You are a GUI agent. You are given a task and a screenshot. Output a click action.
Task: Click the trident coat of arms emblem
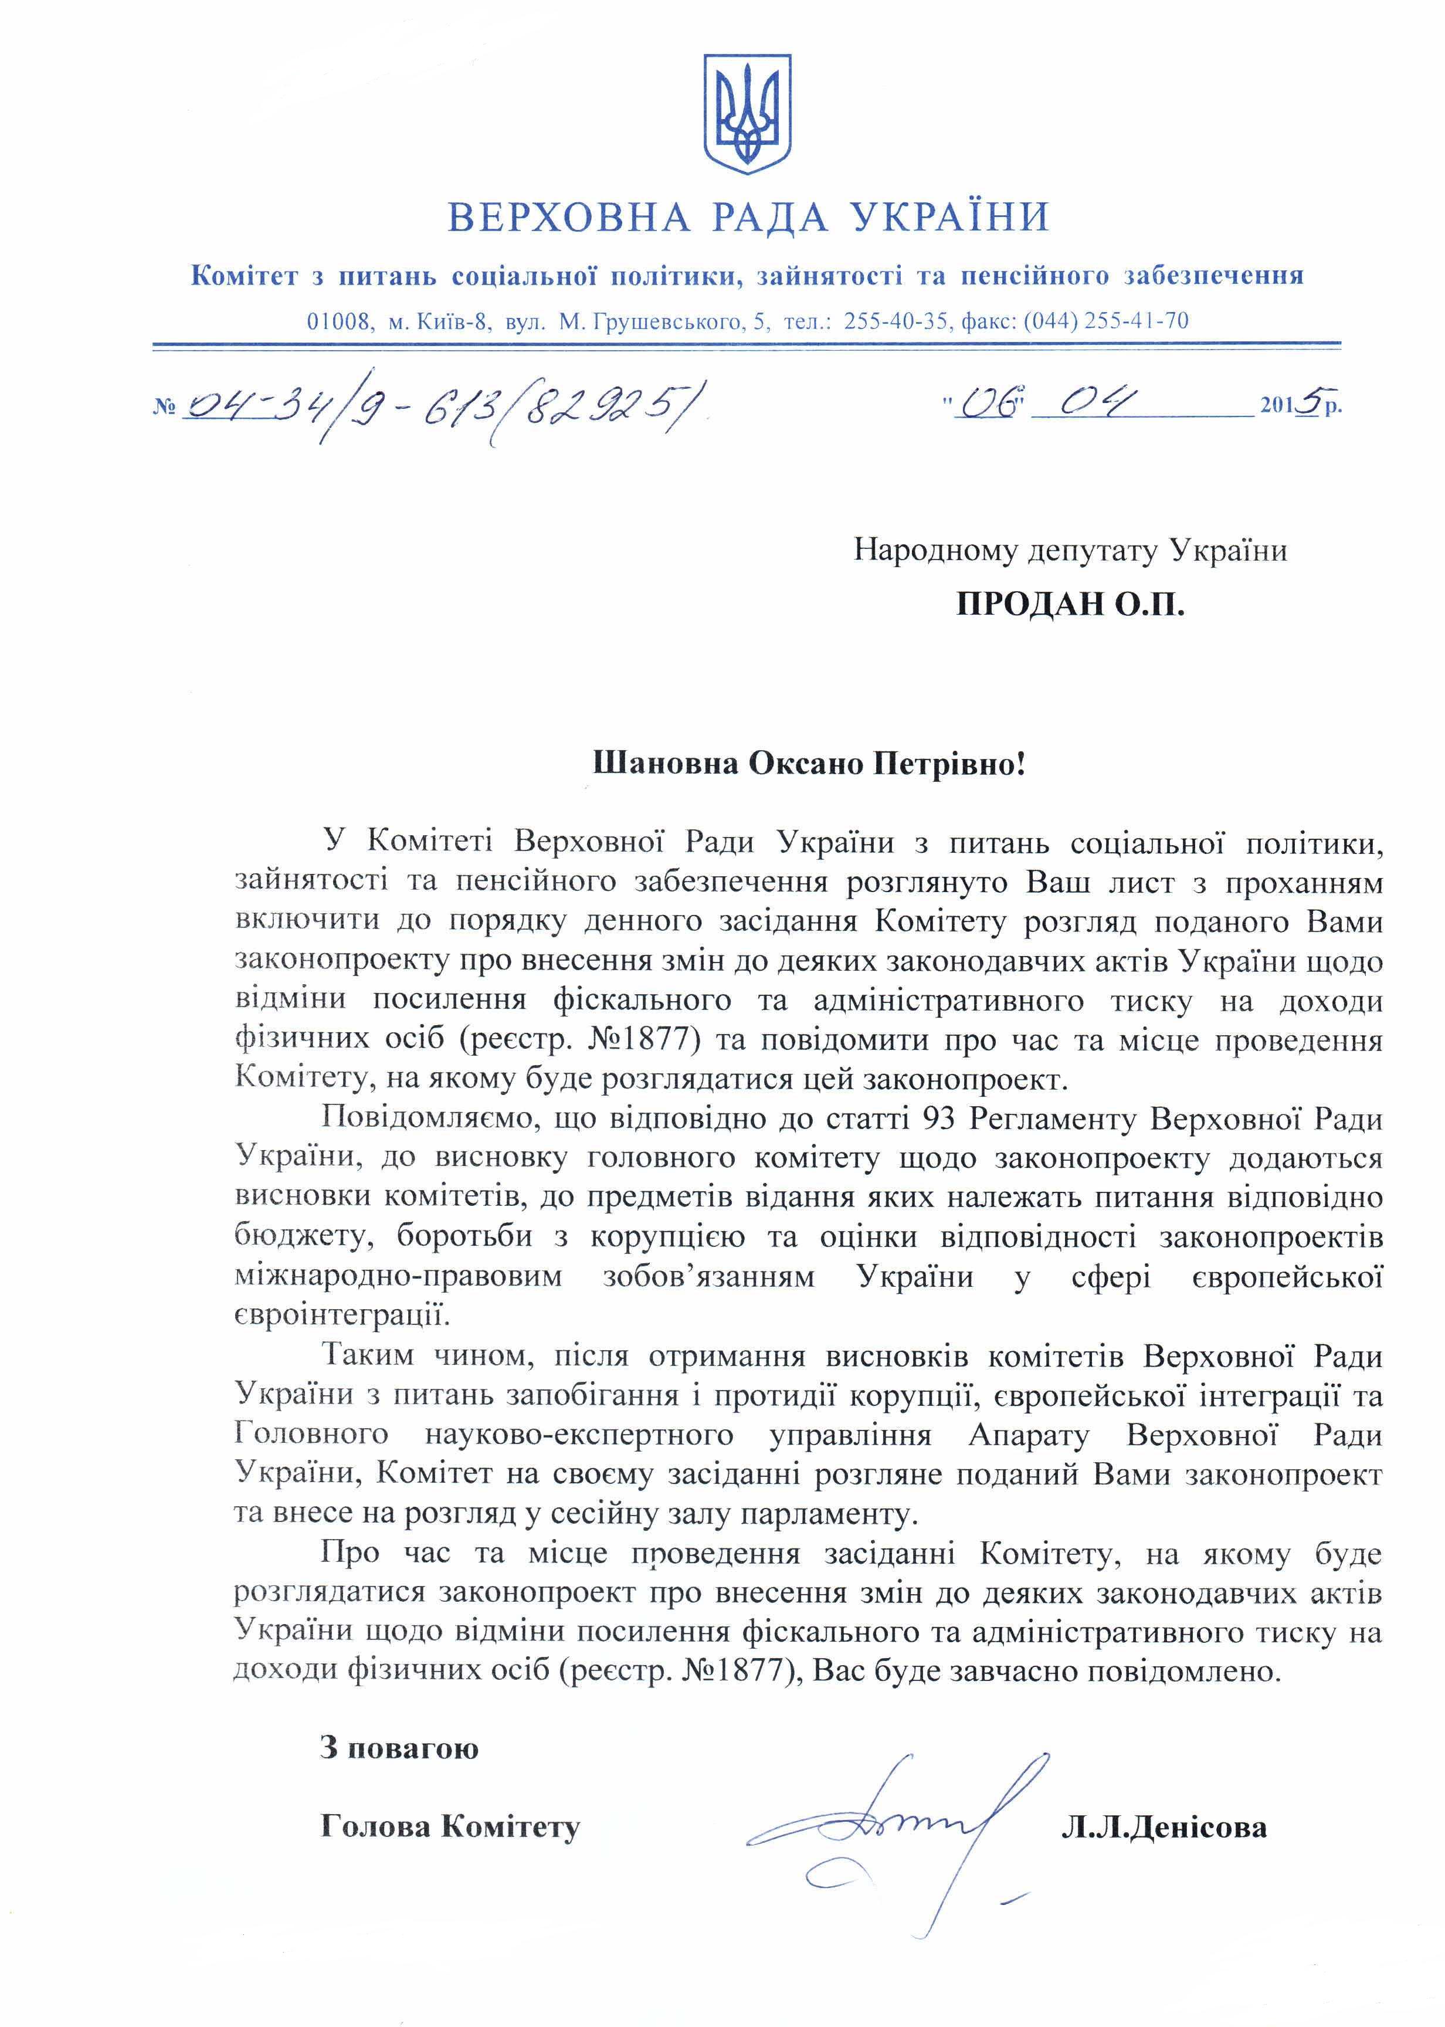coord(747,114)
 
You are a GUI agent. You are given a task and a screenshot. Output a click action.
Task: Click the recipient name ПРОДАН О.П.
coord(1070,605)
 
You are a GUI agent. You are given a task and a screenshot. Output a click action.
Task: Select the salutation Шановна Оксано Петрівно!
coord(809,764)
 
